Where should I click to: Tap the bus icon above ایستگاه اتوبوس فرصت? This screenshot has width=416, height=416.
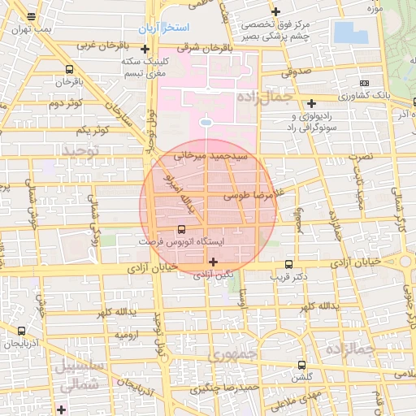180,229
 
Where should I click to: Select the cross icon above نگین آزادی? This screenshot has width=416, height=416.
213,262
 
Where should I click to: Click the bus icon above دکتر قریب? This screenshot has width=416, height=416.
288,264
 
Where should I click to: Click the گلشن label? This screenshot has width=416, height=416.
302,378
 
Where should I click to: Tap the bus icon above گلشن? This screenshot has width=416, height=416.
302,366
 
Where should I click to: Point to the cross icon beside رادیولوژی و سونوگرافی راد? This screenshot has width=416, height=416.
312,102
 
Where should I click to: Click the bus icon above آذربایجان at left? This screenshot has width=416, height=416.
21,331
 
